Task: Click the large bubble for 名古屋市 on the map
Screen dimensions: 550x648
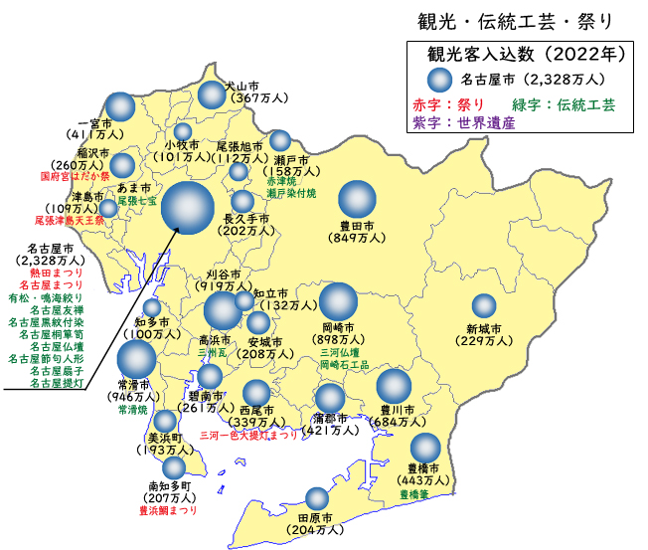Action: [188, 209]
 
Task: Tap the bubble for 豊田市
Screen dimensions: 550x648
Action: [355, 191]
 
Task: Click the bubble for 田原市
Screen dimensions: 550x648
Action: [317, 498]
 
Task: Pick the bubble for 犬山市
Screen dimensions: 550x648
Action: [212, 94]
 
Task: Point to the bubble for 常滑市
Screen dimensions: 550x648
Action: [136, 361]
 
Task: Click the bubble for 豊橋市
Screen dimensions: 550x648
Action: [425, 448]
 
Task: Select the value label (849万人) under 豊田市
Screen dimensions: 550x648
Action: [355, 238]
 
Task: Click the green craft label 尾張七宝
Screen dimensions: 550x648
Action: [136, 200]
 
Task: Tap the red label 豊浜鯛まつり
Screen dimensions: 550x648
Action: [167, 510]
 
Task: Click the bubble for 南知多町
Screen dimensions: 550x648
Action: [174, 467]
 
